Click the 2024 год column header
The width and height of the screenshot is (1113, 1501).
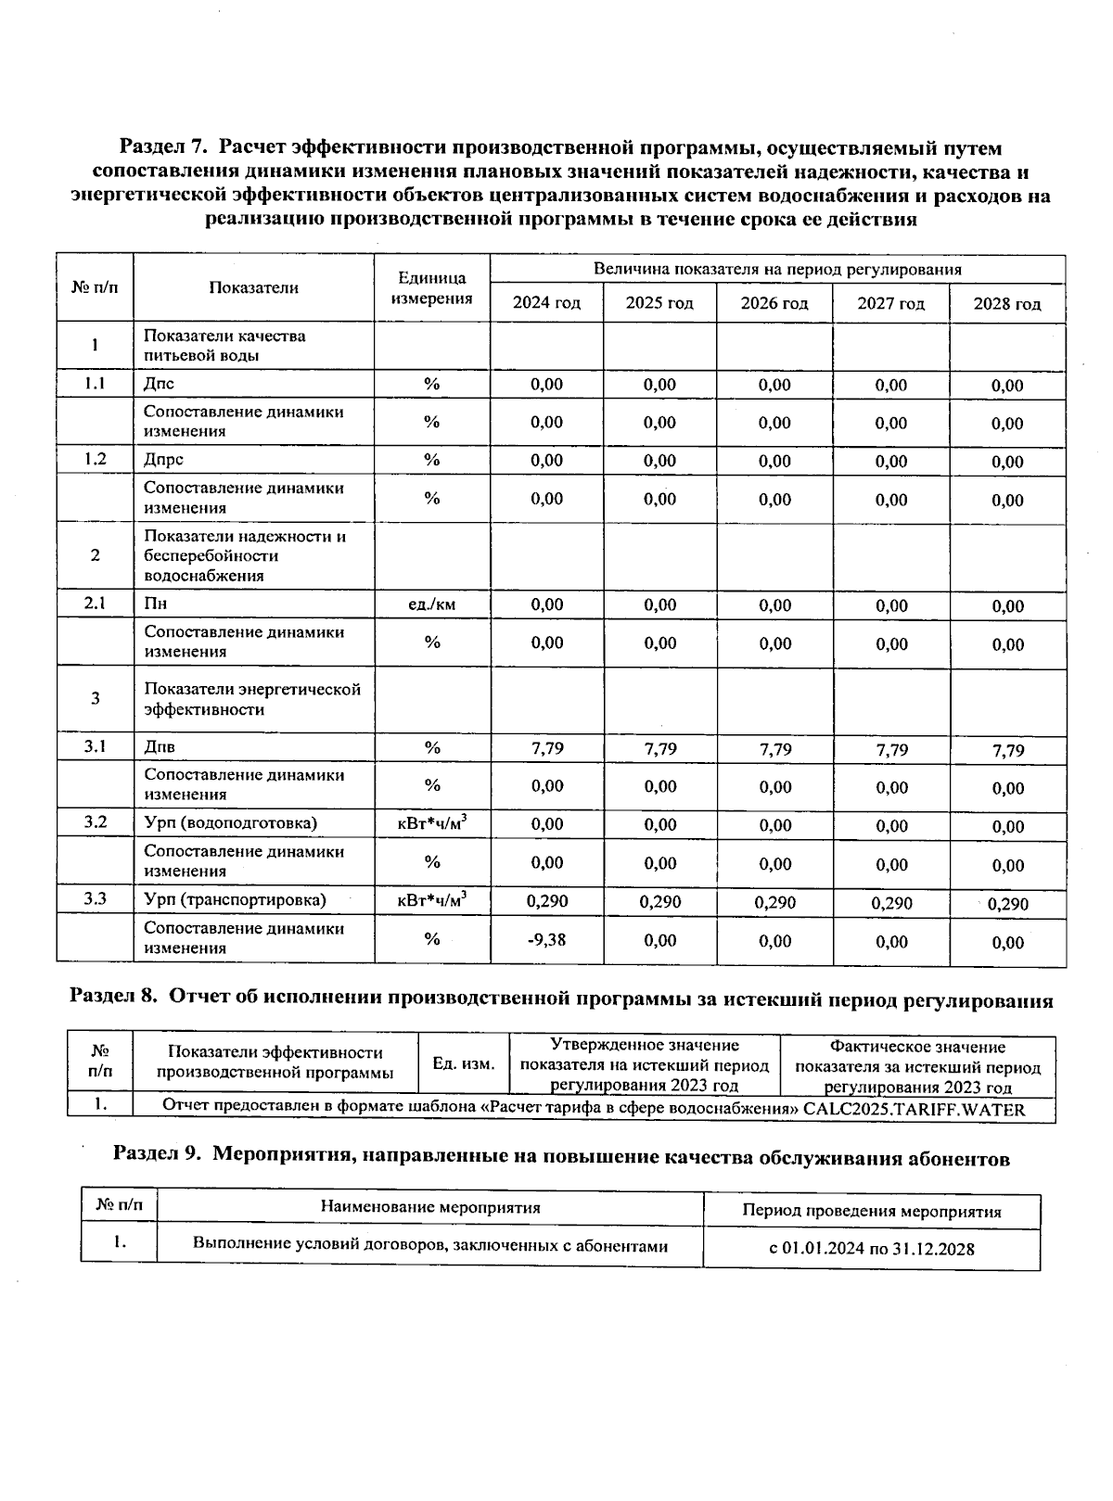point(546,303)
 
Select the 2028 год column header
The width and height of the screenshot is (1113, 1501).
point(1007,304)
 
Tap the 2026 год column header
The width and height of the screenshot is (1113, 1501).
point(774,303)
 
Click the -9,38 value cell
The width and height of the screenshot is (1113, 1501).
point(546,940)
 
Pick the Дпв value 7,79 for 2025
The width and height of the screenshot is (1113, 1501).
point(660,749)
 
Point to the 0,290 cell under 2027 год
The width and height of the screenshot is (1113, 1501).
point(891,903)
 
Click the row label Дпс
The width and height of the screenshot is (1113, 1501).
point(160,384)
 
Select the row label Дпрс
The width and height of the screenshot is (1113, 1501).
point(164,460)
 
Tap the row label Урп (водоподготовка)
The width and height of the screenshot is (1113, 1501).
point(230,823)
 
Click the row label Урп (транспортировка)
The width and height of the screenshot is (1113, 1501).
point(235,900)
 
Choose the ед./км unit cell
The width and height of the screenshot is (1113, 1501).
point(432,604)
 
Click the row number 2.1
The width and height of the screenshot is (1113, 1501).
point(95,604)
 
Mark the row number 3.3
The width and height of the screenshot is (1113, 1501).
point(95,899)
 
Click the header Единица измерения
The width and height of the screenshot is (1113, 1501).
point(432,288)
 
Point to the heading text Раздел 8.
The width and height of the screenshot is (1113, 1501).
point(115,1000)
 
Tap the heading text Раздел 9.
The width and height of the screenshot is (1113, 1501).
point(156,1157)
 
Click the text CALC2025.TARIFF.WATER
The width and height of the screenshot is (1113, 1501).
point(914,1109)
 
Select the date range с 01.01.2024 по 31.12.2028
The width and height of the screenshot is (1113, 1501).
point(872,1249)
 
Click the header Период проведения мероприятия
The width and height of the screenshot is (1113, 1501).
point(872,1211)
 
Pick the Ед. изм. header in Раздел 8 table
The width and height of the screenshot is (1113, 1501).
point(464,1063)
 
